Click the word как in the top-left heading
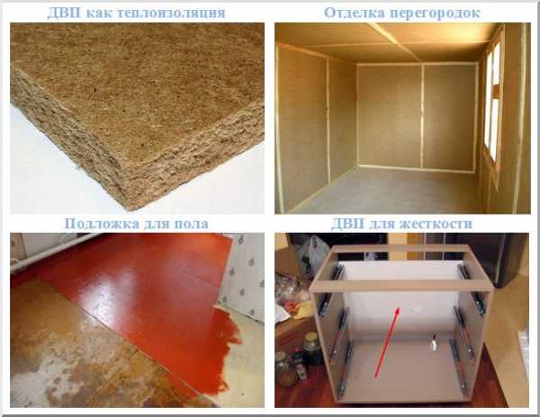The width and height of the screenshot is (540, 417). click(x=98, y=13)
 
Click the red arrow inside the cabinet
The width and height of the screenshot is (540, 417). click(x=387, y=342)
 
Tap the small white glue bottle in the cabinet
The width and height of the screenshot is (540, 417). click(x=434, y=342)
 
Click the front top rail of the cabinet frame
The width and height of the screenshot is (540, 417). click(x=401, y=286)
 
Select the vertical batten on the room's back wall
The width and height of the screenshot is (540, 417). click(x=422, y=117)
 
